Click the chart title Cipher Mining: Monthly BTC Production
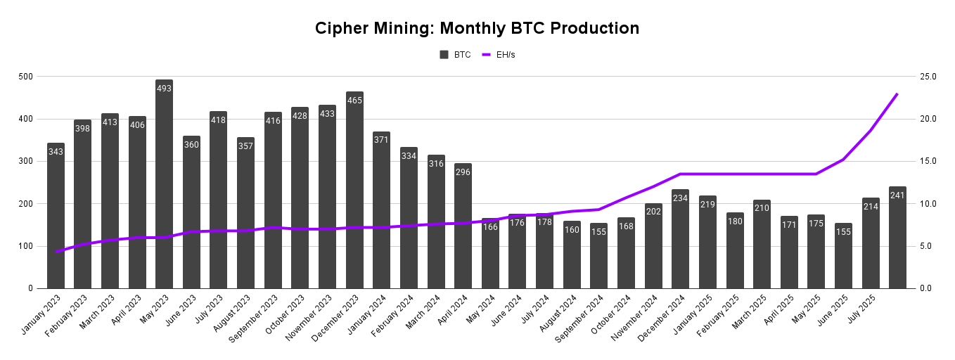click(477, 28)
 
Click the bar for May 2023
click(165, 190)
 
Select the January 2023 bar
click(56, 218)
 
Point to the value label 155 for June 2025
click(843, 231)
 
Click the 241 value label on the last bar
click(897, 195)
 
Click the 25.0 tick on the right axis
click(928, 76)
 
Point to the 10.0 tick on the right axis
click(928, 204)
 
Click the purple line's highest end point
click(897, 94)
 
